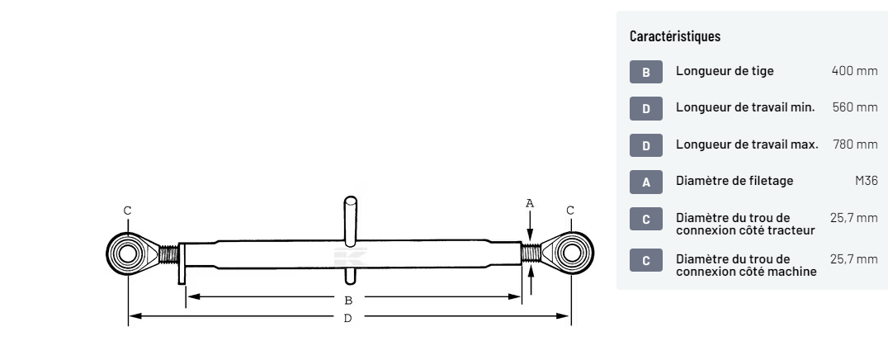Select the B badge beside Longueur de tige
(646, 72)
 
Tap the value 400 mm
(855, 71)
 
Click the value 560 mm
(855, 107)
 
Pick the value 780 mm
(855, 144)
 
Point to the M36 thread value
(867, 181)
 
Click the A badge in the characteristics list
(646, 182)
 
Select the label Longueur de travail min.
(745, 107)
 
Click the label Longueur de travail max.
(747, 144)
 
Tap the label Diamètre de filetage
(734, 181)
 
